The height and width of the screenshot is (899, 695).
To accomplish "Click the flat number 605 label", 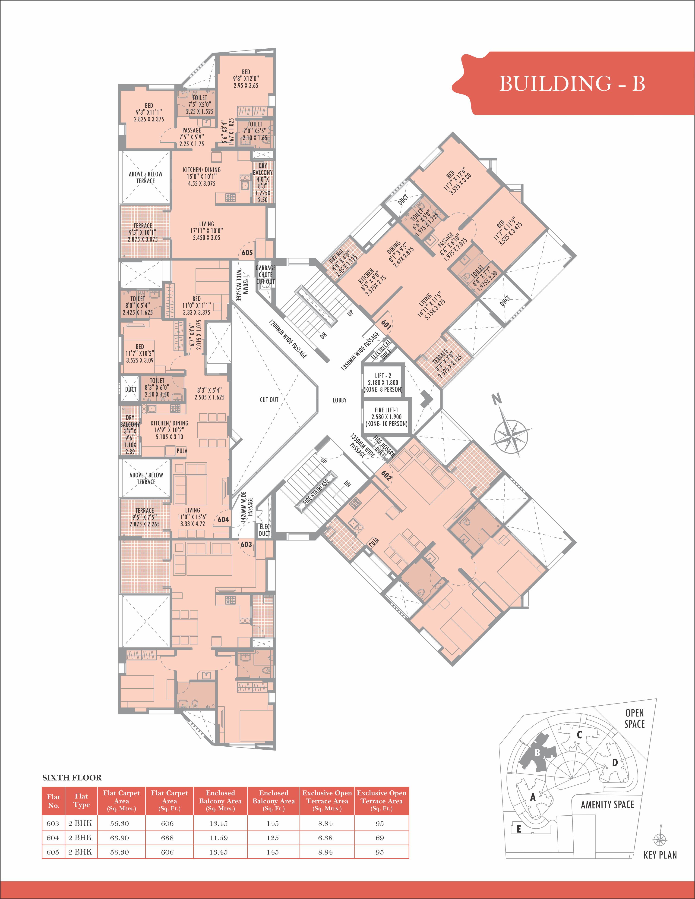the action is pos(247,253).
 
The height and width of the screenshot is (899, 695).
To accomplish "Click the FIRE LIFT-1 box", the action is pos(386,417).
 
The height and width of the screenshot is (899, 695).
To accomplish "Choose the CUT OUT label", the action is pos(269,400).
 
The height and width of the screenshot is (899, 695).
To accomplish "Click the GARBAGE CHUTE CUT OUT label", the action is pos(265,275).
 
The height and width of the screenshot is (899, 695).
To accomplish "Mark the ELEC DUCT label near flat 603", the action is pos(264,530).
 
